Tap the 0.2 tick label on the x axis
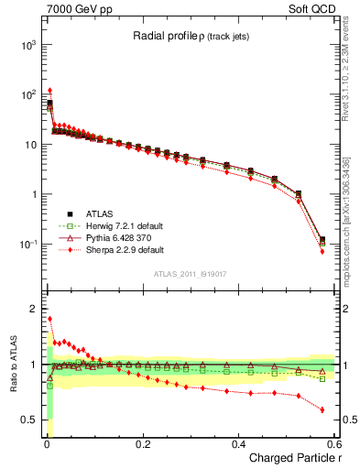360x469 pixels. (x=142, y=443)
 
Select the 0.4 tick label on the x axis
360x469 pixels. (x=238, y=443)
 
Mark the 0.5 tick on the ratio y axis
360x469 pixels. (x=29, y=420)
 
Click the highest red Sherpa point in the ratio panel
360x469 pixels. (x=49, y=320)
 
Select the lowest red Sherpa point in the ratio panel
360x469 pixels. (x=322, y=409)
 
